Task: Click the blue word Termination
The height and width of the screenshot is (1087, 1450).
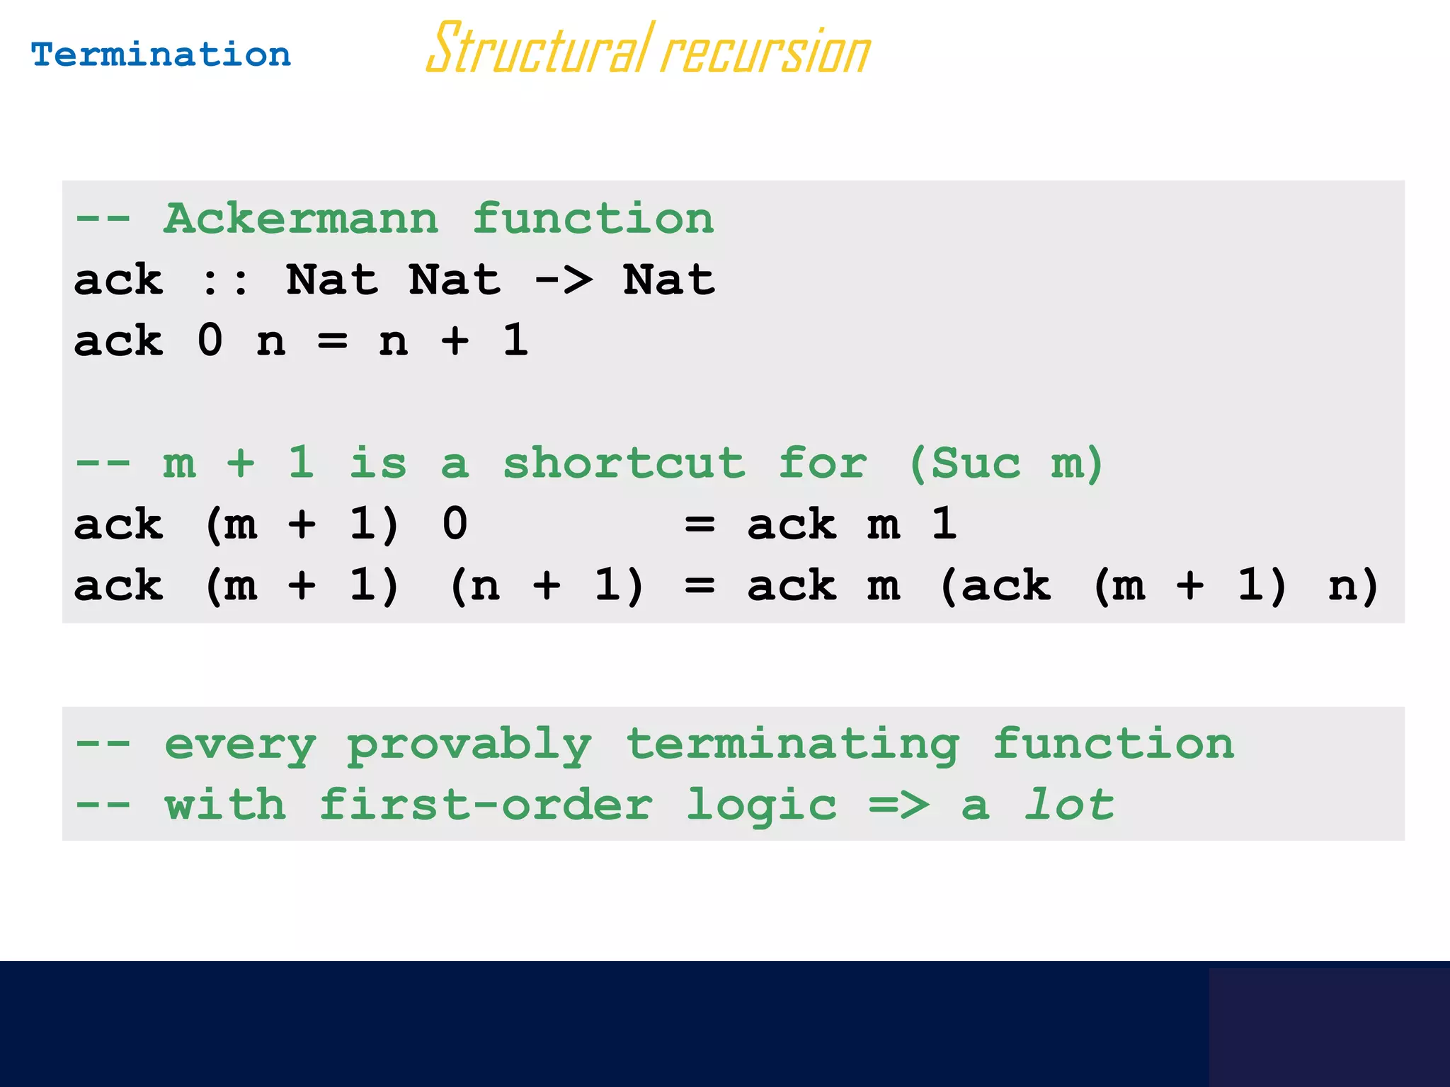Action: pos(161,55)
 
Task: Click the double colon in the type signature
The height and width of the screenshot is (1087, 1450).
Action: pos(225,280)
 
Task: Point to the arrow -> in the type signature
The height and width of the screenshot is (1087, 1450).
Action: pos(564,280)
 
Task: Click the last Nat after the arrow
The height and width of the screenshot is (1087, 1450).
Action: pos(669,280)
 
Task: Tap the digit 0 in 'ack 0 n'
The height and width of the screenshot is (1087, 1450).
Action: pos(210,340)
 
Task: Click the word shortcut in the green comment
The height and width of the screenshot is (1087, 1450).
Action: pos(624,464)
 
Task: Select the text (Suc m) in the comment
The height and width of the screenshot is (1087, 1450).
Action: pos(1005,464)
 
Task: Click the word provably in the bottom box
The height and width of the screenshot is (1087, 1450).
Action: pos(469,746)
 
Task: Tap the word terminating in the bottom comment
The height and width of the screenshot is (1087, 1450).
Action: pos(792,746)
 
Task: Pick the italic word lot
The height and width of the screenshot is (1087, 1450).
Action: pos(1069,805)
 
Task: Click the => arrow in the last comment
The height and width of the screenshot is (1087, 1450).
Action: pos(899,805)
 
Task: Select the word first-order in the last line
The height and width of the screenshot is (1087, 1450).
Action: pos(486,805)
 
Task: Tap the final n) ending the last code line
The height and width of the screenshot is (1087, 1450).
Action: pos(1352,586)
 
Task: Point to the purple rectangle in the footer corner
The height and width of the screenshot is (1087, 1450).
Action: pos(1328,1026)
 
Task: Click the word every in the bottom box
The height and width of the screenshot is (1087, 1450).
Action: pos(240,746)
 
